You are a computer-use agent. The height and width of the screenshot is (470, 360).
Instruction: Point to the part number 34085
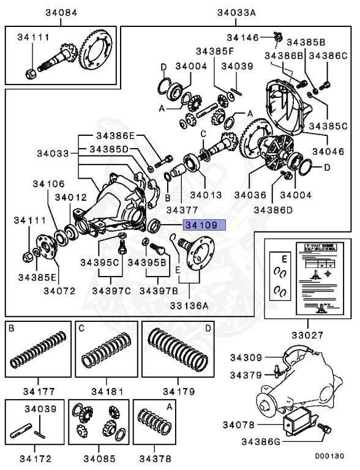tap(99, 456)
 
